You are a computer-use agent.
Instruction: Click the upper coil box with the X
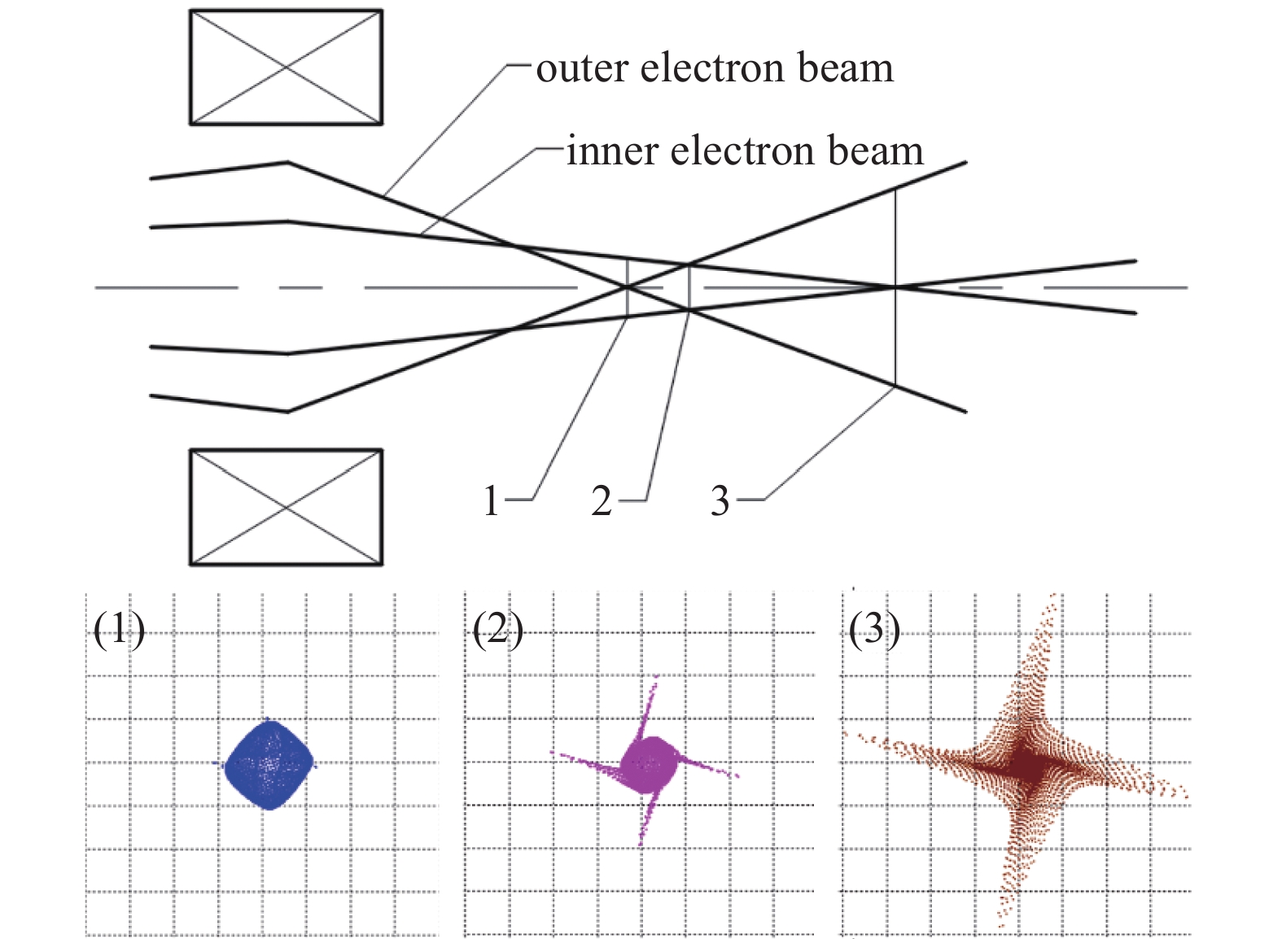point(286,68)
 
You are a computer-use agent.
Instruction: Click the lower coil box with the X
point(286,507)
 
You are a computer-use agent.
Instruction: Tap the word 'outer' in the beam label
point(582,69)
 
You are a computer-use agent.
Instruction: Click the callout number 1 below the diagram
point(491,501)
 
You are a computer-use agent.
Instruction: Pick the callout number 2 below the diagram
point(602,501)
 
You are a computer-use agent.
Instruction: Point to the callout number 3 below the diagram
point(720,501)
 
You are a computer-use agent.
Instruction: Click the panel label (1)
point(119,629)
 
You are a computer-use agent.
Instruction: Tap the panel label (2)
point(497,629)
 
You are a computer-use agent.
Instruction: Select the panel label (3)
point(874,629)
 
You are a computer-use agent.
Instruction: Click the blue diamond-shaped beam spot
point(269,764)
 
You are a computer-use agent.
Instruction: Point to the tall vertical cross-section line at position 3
point(895,244)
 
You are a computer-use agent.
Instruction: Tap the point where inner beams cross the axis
point(895,287)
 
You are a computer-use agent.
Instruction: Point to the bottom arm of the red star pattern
point(1009,887)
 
